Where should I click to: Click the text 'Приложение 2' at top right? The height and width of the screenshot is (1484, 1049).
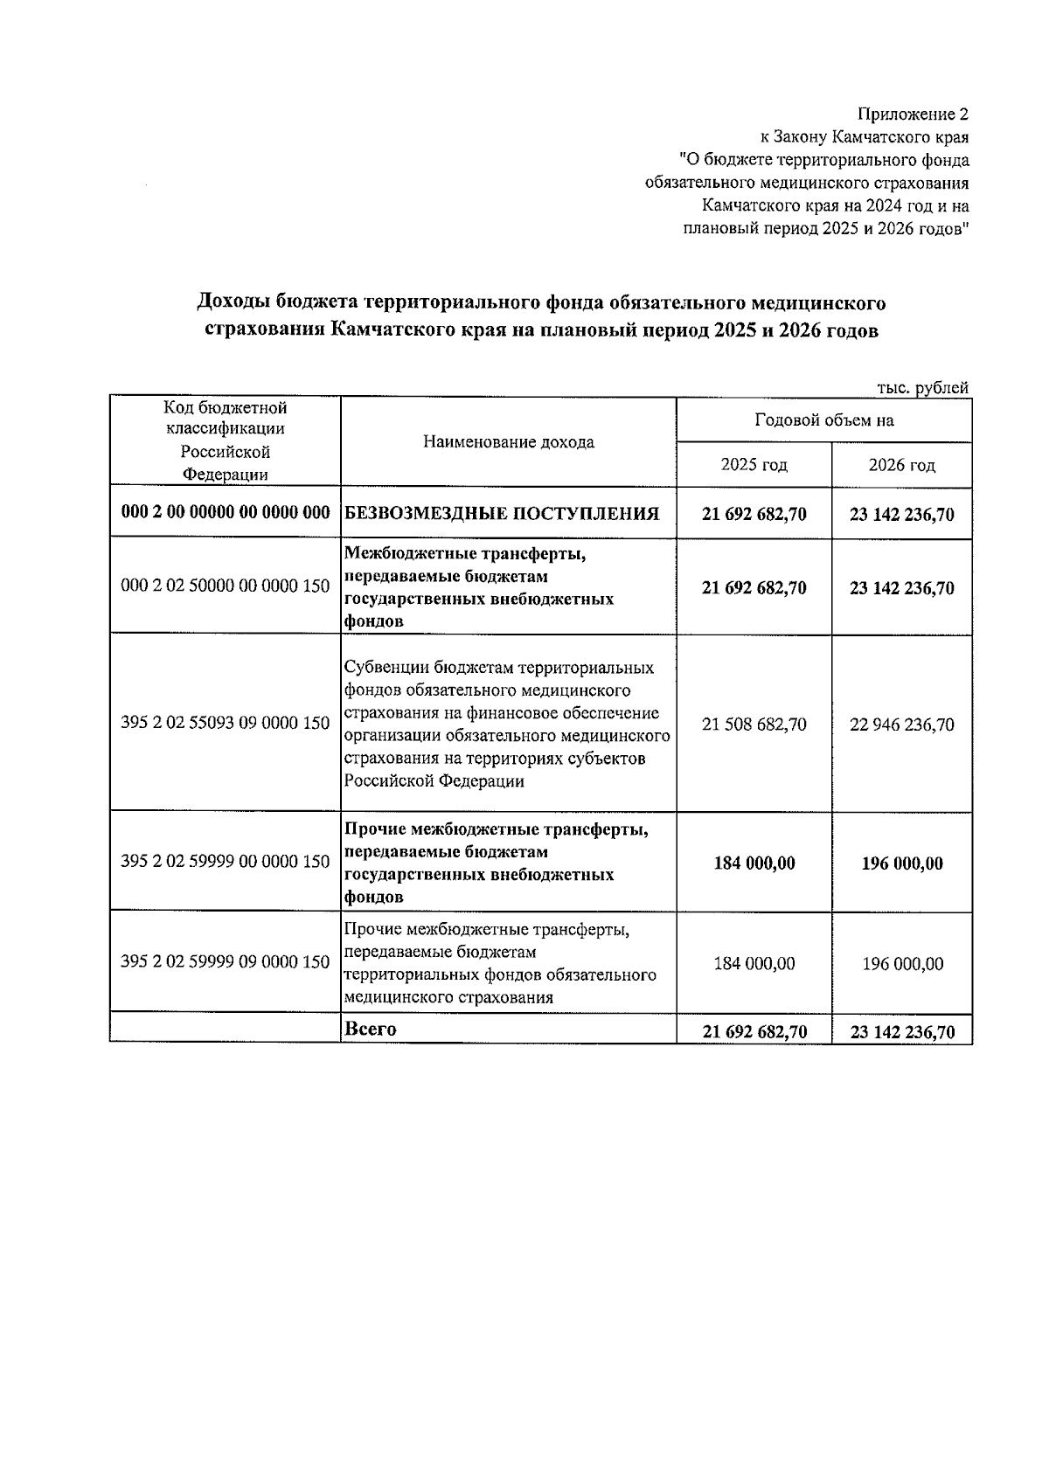point(913,114)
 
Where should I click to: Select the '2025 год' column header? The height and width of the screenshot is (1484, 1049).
point(754,464)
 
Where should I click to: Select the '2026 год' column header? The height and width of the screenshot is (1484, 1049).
point(901,464)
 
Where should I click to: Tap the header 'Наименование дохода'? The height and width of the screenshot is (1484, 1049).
point(508,441)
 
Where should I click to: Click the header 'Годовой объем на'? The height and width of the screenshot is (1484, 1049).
point(823,420)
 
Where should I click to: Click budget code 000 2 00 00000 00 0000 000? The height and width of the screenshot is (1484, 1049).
point(225,512)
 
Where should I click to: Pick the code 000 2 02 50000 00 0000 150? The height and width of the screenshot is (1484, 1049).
point(225,586)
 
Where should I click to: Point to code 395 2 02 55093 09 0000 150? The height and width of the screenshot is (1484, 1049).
point(225,723)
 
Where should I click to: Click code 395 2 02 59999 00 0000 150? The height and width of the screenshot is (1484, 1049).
point(225,862)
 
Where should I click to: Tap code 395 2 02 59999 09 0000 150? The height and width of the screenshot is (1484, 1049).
point(225,961)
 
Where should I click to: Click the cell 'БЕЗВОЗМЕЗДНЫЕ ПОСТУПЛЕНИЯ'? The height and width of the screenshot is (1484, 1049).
point(502,514)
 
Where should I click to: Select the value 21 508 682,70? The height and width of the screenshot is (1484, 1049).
point(754,725)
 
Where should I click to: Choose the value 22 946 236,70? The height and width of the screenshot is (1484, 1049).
point(901,725)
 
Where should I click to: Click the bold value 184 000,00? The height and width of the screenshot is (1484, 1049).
point(754,863)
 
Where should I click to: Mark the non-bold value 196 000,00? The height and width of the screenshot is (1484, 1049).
point(901,963)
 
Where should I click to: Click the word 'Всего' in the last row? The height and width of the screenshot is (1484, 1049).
point(371,1029)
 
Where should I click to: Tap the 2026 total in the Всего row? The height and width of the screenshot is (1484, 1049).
point(901,1032)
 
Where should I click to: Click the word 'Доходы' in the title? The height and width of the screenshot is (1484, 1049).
point(233,303)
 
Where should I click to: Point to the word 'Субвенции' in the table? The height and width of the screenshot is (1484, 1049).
point(383,668)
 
